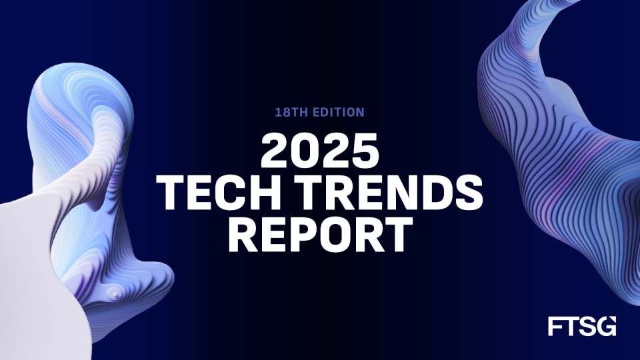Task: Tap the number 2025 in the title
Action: click(320, 153)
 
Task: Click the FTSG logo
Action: click(581, 326)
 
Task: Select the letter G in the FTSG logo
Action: click(607, 326)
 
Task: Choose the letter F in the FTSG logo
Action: click(555, 326)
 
